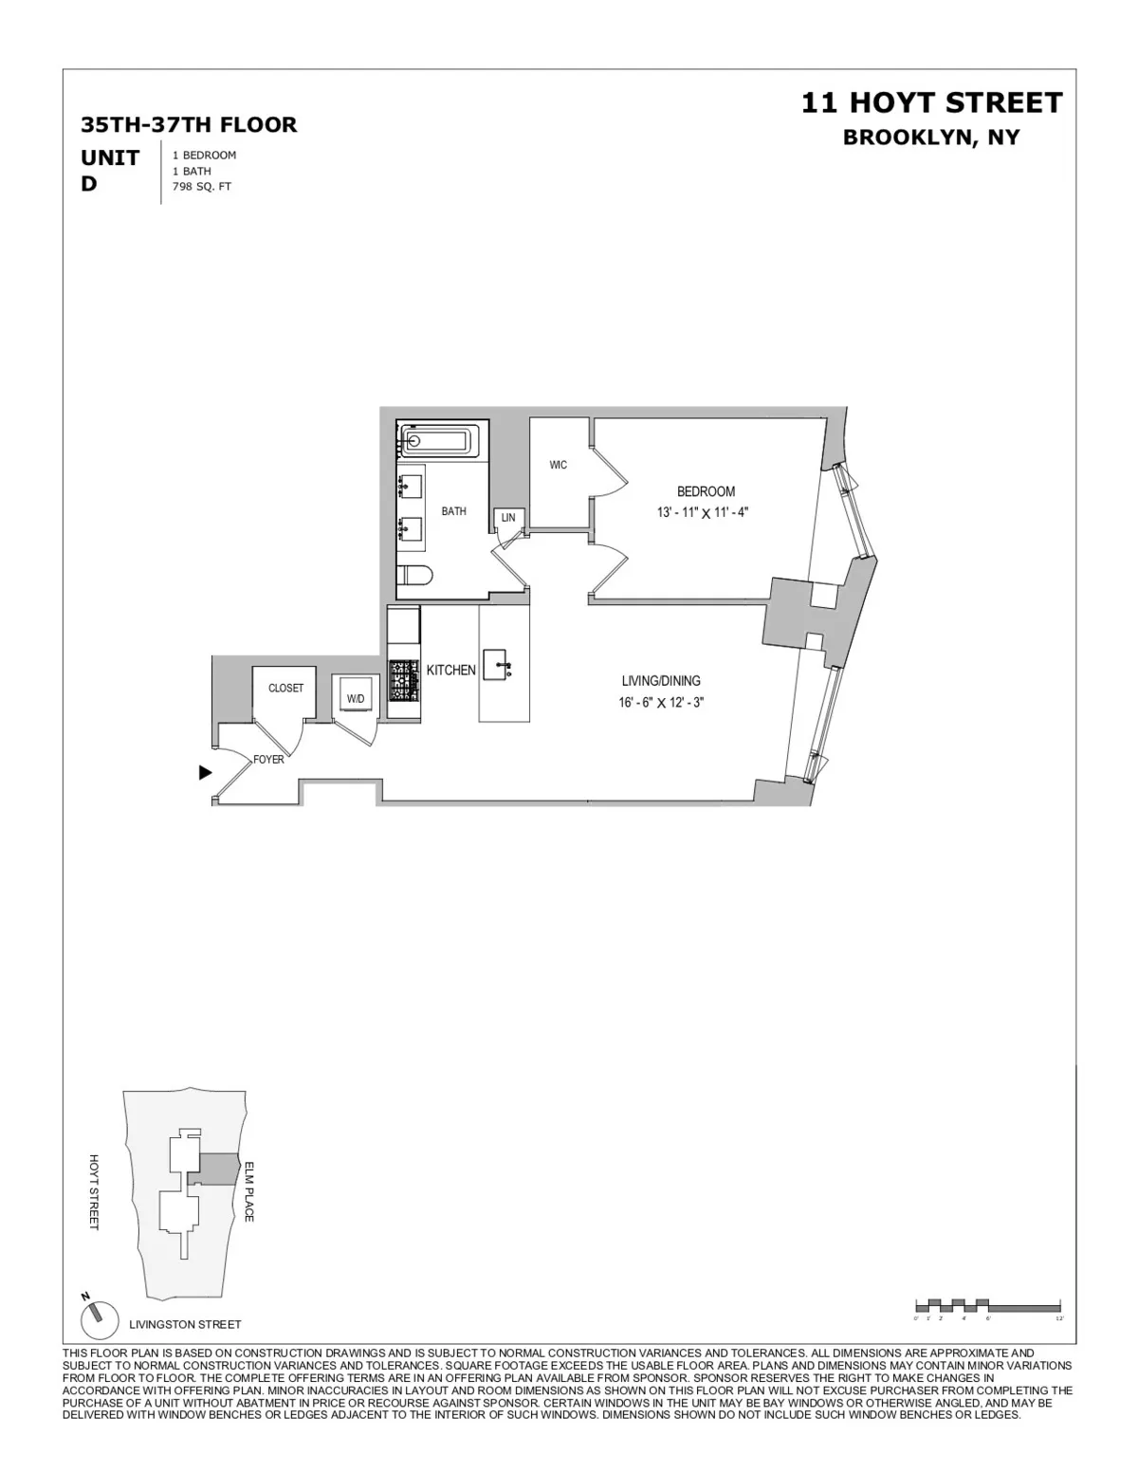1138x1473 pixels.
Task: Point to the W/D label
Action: pos(356,699)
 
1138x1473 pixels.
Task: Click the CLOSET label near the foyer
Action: pos(285,688)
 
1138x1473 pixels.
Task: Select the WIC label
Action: pos(559,465)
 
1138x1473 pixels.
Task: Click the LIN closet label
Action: pos(508,518)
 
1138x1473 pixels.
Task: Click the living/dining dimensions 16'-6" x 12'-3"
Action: pos(661,703)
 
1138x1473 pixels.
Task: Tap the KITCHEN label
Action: pos(450,670)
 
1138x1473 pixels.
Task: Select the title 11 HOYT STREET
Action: pos(931,102)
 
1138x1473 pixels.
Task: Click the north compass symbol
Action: pos(94,1317)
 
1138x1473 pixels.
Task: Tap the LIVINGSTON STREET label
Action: pos(185,1324)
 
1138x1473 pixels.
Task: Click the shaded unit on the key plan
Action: pos(218,1169)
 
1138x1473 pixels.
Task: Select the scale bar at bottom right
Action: pos(986,1305)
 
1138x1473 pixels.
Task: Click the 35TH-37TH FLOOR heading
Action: pos(189,124)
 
